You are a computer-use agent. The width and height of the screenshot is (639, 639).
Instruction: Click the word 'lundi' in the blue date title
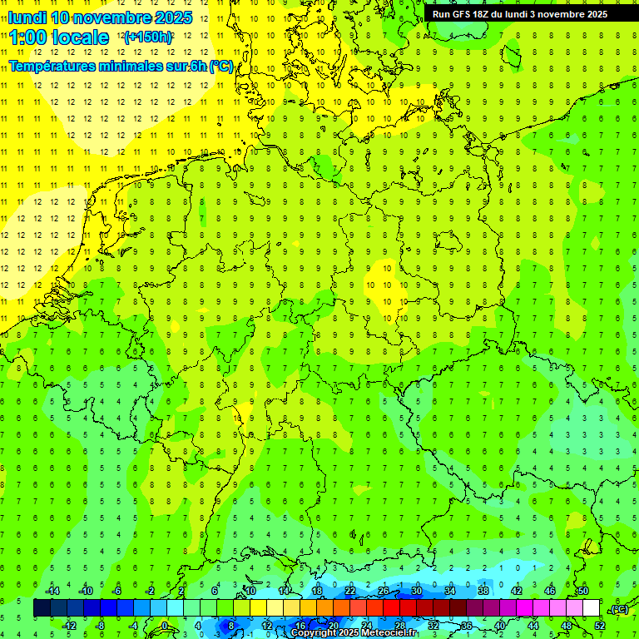27,17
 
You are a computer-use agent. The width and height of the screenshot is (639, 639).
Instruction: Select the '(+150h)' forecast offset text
147,37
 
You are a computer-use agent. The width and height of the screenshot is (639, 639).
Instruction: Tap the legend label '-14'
52,591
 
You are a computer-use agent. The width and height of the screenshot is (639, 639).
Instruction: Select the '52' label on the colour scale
600,626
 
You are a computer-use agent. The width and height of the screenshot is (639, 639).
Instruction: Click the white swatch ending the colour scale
591,608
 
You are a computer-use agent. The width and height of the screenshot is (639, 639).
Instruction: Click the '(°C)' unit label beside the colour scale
618,609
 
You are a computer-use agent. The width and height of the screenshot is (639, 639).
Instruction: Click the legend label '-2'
150,591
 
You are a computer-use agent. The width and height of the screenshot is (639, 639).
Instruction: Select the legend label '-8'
101,626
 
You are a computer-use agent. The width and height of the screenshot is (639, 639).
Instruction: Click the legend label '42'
516,591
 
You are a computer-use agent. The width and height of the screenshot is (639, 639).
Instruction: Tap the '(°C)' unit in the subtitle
221,66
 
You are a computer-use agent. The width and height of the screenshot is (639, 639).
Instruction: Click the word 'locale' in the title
79,37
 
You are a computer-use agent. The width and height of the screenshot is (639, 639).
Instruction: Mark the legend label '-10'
84,591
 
